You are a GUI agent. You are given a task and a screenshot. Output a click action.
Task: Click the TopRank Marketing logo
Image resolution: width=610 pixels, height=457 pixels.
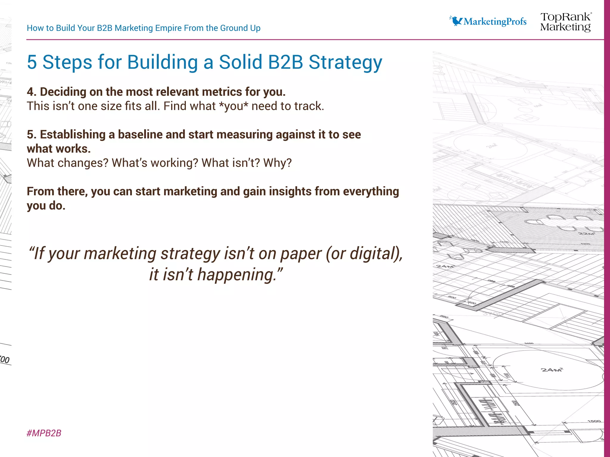pos(566,22)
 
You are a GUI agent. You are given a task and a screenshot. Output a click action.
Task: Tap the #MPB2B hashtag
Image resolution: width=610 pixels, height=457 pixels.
pos(44,433)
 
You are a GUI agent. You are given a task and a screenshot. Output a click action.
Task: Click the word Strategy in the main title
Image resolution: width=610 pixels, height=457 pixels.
pos(345,62)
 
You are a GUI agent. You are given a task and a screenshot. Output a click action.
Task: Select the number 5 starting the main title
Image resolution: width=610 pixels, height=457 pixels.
pos(32,62)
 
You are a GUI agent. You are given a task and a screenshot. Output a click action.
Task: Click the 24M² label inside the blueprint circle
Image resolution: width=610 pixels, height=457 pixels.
pos(552,370)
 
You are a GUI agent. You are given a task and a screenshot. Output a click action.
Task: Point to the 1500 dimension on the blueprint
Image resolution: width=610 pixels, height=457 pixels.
pos(594,421)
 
